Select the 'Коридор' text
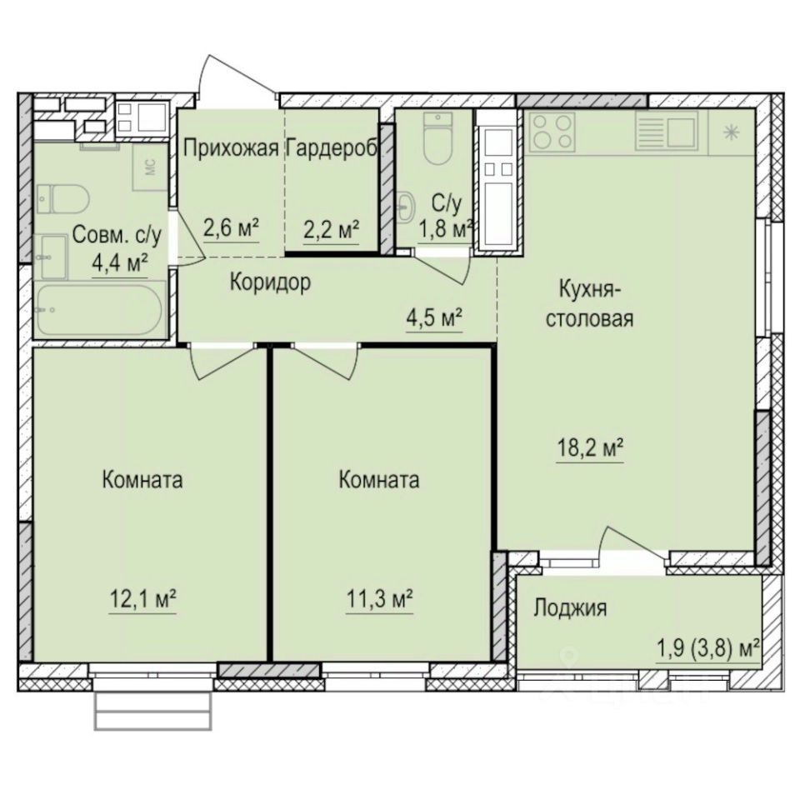tap(270, 282)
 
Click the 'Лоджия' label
tap(570, 608)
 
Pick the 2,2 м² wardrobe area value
tap(332, 227)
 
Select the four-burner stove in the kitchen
tap(552, 131)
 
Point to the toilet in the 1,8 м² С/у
tap(436, 142)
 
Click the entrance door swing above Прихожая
tap(237, 83)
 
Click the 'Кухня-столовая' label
tap(591, 303)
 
